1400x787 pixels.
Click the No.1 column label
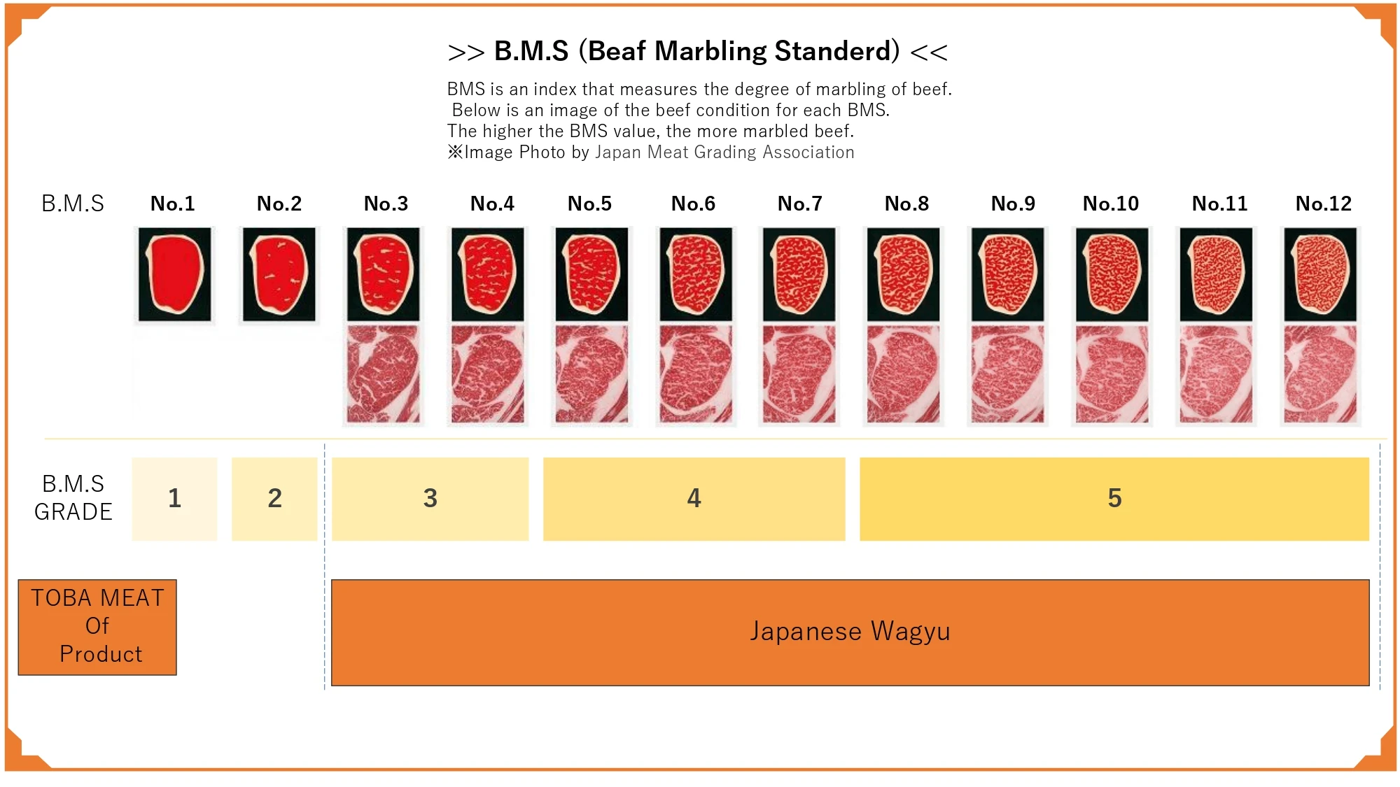172,204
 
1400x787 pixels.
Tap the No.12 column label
1323,204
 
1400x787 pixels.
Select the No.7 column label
799,204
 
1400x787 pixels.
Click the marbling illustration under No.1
174,274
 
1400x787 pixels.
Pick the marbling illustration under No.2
279,274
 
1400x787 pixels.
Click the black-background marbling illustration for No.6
695,274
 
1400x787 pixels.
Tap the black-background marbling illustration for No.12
1319,274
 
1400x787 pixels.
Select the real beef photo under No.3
383,374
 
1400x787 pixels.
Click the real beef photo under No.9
1007,374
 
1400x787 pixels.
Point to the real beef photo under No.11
1216,374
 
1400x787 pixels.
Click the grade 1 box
174,499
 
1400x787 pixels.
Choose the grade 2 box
274,499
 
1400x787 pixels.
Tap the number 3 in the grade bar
430,499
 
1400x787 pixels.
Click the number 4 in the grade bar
694,499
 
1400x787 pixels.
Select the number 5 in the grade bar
1114,499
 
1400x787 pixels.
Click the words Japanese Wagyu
850,632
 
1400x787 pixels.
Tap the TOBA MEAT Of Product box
97,627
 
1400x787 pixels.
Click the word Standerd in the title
836,51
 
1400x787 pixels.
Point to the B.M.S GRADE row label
73,497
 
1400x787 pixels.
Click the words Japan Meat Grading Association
724,153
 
